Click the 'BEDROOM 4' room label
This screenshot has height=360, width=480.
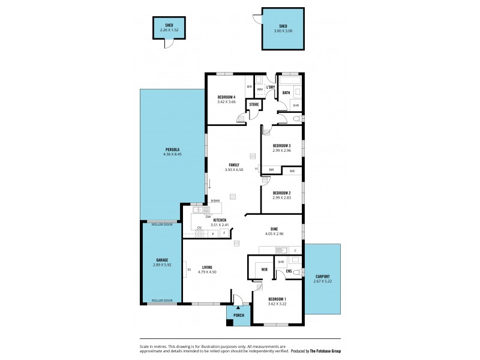[x=227, y=97]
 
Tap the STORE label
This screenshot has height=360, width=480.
[x=254, y=104]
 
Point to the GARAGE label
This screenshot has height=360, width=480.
[x=161, y=260]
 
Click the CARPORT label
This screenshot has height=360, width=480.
[x=323, y=277]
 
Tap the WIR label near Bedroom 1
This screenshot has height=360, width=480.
[x=264, y=270]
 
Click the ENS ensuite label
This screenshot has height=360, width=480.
[x=289, y=271]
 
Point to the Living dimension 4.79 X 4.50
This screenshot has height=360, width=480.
[x=206, y=272]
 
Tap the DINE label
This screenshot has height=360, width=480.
[x=274, y=229]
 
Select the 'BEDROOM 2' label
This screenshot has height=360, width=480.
[x=281, y=193]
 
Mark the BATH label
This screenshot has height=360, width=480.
[x=286, y=92]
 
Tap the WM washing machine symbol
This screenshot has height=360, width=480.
[x=260, y=90]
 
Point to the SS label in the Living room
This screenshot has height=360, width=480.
[x=189, y=269]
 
